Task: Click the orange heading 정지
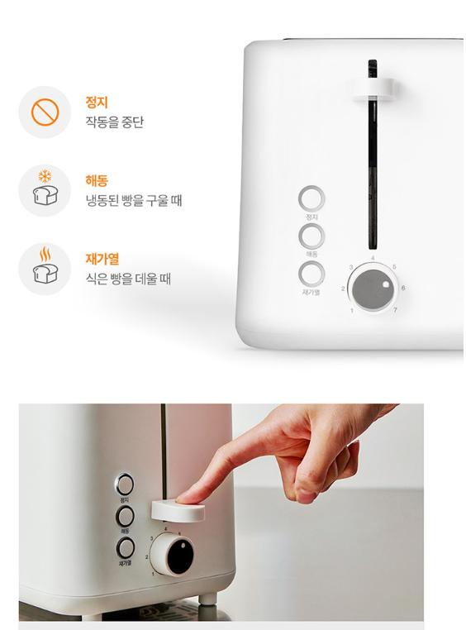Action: pyautogui.click(x=97, y=102)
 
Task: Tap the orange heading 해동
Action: pyautogui.click(x=97, y=180)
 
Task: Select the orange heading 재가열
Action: pyautogui.click(x=102, y=259)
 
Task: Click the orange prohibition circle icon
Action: pyautogui.click(x=45, y=112)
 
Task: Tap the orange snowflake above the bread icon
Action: pyautogui.click(x=45, y=176)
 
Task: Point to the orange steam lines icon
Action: pyautogui.click(x=45, y=254)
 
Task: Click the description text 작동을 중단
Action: pyautogui.click(x=114, y=122)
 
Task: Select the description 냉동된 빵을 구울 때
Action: pyautogui.click(x=134, y=200)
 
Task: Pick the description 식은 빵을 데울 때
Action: pyautogui.click(x=128, y=278)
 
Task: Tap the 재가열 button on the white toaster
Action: pyautogui.click(x=311, y=274)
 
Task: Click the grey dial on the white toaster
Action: pyautogui.click(x=373, y=289)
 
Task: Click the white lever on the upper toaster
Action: pyautogui.click(x=374, y=89)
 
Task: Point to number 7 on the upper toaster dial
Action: pyautogui.click(x=395, y=310)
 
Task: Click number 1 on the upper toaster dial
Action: pyautogui.click(x=352, y=310)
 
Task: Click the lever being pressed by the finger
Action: pyautogui.click(x=178, y=511)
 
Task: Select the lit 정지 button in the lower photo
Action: pyautogui.click(x=125, y=484)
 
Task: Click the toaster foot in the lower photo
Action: pyautogui.click(x=207, y=599)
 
